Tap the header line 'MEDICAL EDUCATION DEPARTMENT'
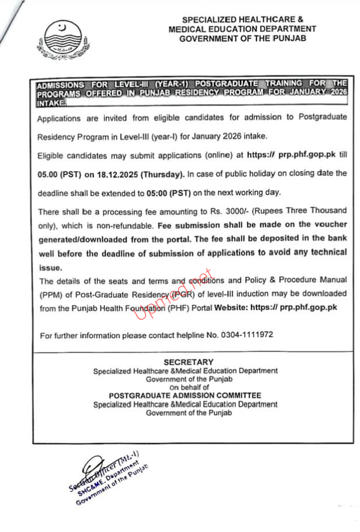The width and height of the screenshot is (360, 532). pyautogui.click(x=242, y=29)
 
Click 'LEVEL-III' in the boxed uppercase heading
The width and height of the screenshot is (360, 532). pyautogui.click(x=125, y=84)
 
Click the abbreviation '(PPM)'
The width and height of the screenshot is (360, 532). pyautogui.click(x=50, y=294)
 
